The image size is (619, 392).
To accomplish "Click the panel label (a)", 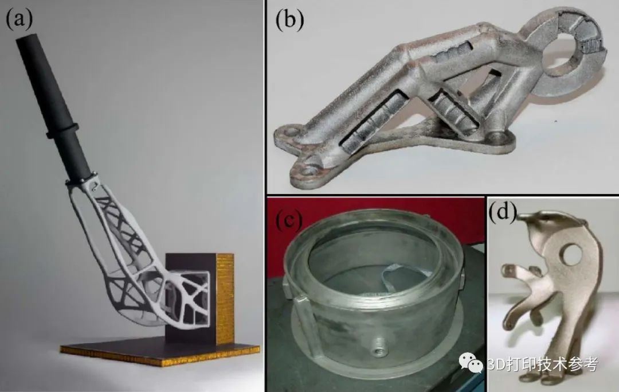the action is click(x=18, y=18).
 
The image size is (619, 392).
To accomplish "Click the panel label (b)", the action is click(x=290, y=20).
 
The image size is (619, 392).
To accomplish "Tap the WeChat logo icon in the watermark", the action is click(x=470, y=363).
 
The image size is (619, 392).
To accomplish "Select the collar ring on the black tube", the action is click(x=62, y=131).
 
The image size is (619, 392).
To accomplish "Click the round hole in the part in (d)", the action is click(x=571, y=254).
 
